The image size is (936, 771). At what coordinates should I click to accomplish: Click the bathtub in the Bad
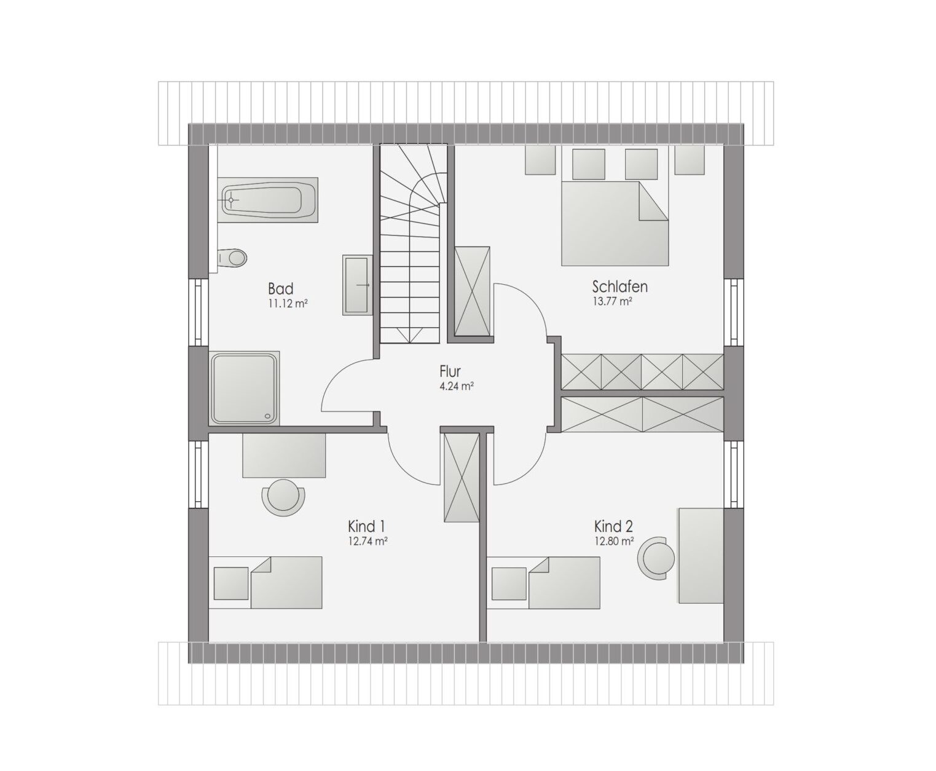coord(267,200)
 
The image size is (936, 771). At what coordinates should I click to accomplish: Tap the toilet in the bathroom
coord(232,258)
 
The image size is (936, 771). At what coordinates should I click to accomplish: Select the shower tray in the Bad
coord(243,388)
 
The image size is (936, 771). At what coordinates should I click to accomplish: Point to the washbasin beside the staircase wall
coord(357,285)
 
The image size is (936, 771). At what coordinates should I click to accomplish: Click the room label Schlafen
coord(619,287)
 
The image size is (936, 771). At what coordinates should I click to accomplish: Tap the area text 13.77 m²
coord(613,301)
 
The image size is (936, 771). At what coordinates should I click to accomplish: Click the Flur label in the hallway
coord(450,371)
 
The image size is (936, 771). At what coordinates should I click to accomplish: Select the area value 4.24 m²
coord(456,386)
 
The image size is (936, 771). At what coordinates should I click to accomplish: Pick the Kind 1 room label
coord(366,527)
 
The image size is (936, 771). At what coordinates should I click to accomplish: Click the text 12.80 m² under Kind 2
coord(614,542)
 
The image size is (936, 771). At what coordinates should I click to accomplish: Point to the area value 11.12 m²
coord(288,304)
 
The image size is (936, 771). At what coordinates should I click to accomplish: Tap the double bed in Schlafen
coord(615,223)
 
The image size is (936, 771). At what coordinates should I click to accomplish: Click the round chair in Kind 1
coord(283,497)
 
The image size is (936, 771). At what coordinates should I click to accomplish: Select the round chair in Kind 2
coord(656,558)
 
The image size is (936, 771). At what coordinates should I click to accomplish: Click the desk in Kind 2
coord(701,556)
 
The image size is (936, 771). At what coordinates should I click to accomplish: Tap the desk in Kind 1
coord(283,455)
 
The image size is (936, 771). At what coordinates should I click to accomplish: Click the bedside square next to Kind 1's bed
coord(231,583)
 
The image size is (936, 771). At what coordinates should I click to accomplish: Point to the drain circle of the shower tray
coord(267,416)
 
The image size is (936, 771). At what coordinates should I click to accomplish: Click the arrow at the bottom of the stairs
coord(409,334)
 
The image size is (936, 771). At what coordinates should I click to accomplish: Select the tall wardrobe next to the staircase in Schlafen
coord(473,291)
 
